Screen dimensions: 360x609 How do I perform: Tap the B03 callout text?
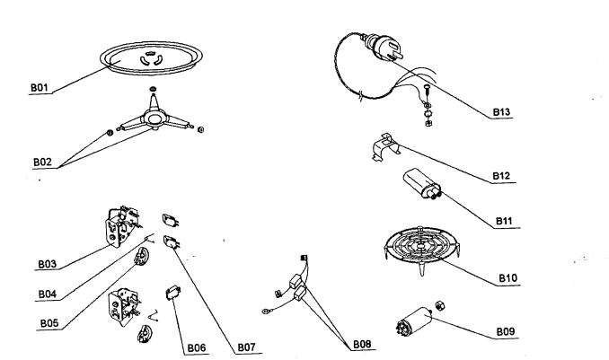pos(48,264)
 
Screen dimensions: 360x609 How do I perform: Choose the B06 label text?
pos(197,347)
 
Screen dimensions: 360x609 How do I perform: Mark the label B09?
pos(507,331)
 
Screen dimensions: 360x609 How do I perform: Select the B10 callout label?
pos(509,278)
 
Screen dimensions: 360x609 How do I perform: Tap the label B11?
pos(509,220)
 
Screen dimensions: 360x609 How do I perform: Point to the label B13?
pos(502,113)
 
